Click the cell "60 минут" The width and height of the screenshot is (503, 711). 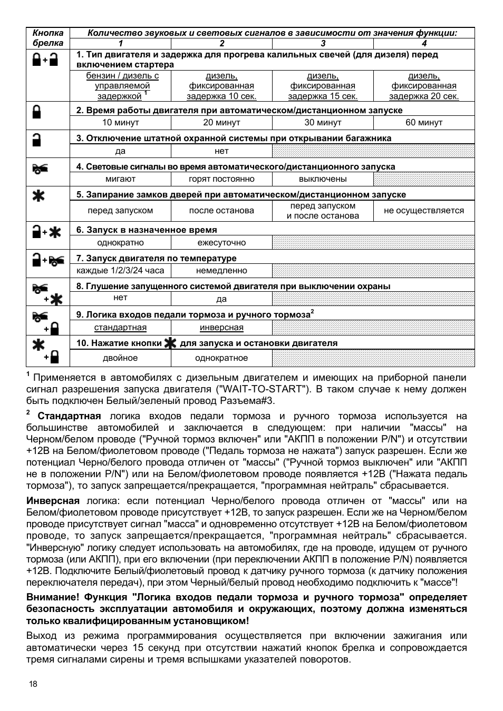(x=424, y=122)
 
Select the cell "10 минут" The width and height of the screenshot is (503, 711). (x=120, y=122)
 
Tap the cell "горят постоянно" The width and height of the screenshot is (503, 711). (x=221, y=179)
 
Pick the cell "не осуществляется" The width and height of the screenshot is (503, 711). (x=424, y=211)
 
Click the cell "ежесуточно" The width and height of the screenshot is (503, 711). (x=221, y=243)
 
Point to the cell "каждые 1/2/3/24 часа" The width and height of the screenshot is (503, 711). (x=120, y=271)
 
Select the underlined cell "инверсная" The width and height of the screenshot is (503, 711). (x=221, y=328)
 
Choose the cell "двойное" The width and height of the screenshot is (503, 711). (x=120, y=358)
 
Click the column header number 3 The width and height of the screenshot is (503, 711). (x=323, y=43)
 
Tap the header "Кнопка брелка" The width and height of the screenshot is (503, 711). (x=48, y=38)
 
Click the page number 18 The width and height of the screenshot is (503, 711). (x=33, y=684)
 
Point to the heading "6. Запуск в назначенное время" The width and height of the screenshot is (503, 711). (x=147, y=230)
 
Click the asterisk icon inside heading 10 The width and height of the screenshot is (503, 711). (x=170, y=343)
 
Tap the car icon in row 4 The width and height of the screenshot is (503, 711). (x=40, y=169)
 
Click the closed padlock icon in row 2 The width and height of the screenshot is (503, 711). (x=37, y=112)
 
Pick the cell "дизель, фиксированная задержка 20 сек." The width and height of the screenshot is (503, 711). (x=424, y=86)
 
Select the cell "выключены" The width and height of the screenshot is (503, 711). (x=323, y=179)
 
